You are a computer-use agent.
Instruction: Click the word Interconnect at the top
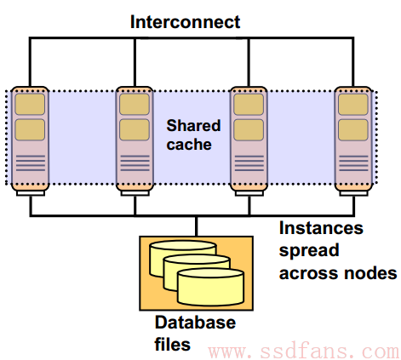click(x=185, y=22)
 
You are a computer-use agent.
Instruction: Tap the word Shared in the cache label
click(x=193, y=125)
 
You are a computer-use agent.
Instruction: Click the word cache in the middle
click(x=189, y=145)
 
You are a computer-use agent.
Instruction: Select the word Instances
click(x=321, y=228)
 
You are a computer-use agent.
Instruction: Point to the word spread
click(x=309, y=251)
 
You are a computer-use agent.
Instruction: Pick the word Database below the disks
click(x=195, y=323)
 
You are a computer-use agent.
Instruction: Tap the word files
click(x=172, y=344)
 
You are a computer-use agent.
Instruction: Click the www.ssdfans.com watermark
click(x=304, y=351)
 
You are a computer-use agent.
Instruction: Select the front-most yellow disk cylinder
click(x=210, y=287)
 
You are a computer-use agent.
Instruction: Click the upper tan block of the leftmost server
click(x=30, y=104)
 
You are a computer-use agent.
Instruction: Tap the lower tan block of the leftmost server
click(x=30, y=129)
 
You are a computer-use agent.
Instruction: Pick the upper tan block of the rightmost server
click(x=353, y=104)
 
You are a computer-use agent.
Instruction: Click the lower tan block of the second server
click(x=135, y=129)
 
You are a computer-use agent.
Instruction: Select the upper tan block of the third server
click(x=249, y=104)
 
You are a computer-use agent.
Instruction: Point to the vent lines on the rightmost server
click(x=353, y=163)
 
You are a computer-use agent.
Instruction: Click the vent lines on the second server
click(x=135, y=163)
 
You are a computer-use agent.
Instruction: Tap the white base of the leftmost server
click(x=31, y=193)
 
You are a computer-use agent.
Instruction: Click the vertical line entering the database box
click(x=196, y=226)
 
